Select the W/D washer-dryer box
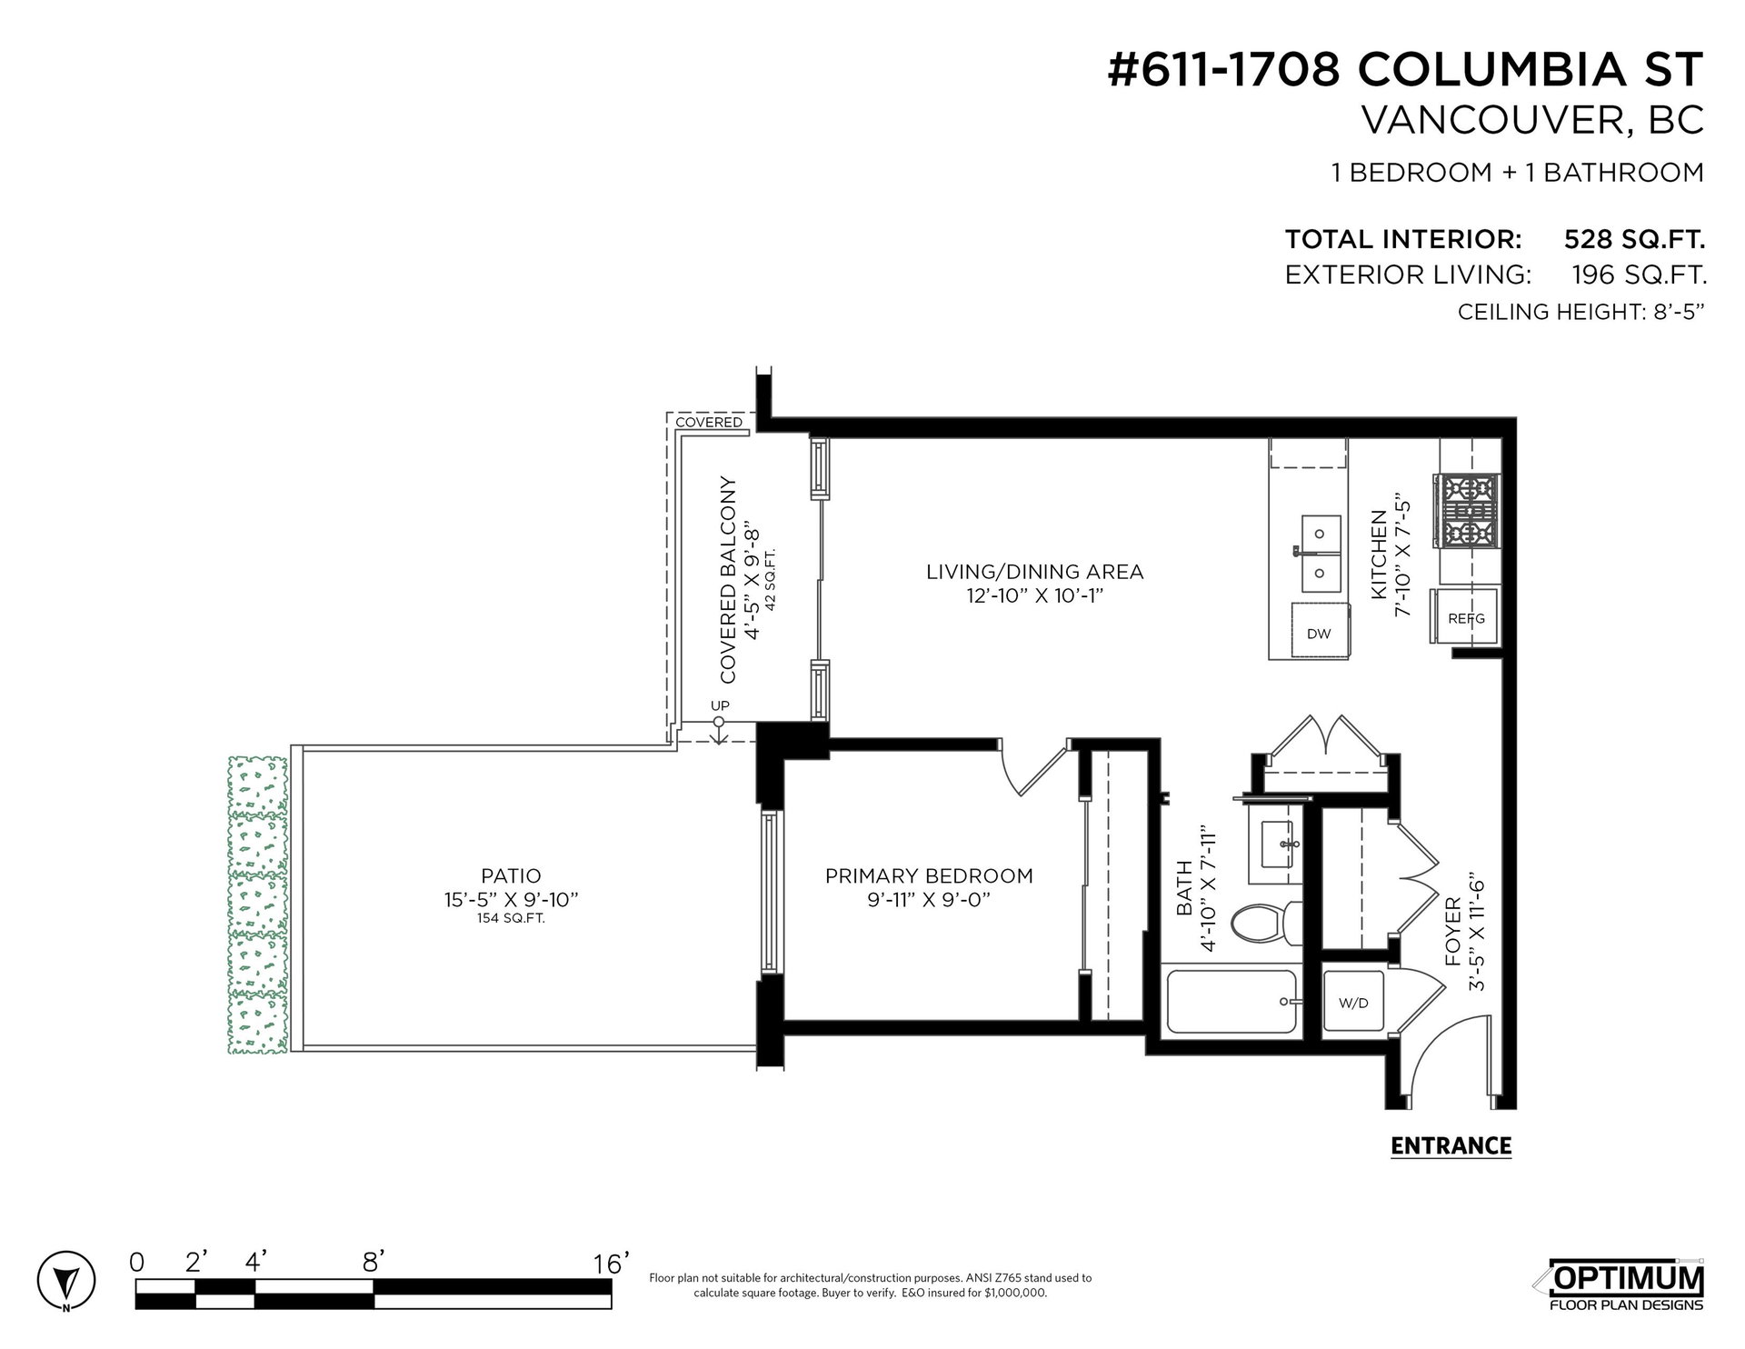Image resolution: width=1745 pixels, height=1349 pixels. click(1353, 1003)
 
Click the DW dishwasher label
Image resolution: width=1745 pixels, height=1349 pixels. click(1319, 634)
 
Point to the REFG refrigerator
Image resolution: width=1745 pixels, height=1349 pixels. click(1466, 618)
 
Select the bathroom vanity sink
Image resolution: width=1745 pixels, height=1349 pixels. click(1275, 844)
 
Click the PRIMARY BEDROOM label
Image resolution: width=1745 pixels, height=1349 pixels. click(929, 876)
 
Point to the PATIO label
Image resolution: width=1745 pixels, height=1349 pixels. click(511, 876)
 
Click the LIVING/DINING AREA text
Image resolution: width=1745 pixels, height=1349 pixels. click(1034, 572)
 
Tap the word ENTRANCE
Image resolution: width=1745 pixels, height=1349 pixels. click(1451, 1145)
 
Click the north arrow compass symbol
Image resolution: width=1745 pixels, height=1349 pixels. click(65, 1282)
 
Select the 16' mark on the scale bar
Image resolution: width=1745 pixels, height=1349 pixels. click(611, 1264)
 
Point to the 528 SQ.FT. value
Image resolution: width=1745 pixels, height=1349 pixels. click(1633, 239)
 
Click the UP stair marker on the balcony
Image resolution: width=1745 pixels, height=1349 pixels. click(720, 706)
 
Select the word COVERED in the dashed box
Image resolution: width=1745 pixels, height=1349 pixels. click(709, 422)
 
